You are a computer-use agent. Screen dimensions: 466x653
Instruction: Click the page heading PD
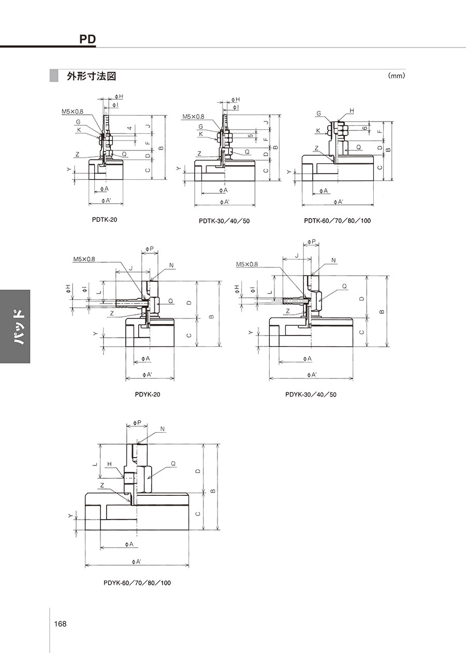coord(88,39)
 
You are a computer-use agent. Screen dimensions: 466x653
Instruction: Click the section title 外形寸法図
coord(92,76)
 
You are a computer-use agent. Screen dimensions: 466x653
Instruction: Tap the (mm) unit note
coord(397,76)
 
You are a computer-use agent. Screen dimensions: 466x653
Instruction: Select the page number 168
coord(60,624)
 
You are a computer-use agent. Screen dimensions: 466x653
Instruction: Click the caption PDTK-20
coord(105,220)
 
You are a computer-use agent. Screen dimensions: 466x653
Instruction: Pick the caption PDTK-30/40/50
coord(224,221)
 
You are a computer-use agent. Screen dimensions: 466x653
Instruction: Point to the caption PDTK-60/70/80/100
coord(337,221)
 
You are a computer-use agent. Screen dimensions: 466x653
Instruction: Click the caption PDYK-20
coord(148,394)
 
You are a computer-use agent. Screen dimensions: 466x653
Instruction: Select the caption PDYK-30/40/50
coord(311,394)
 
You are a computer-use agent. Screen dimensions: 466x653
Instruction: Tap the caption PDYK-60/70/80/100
coord(137,583)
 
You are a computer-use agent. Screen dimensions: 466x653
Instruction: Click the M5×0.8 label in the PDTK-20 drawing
coord(72,112)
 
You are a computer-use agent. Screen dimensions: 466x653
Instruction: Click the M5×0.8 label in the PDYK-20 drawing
coord(84,259)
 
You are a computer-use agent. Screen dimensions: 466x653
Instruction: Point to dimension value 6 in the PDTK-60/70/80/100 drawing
coord(365,128)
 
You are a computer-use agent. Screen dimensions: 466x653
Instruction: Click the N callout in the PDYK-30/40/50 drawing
coord(334,261)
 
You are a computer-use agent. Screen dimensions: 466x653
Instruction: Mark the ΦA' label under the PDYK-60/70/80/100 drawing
coord(137,561)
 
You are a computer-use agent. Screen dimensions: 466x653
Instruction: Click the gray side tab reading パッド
coord(15,327)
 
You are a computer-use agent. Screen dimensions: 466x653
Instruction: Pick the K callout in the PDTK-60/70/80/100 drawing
coord(318,131)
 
